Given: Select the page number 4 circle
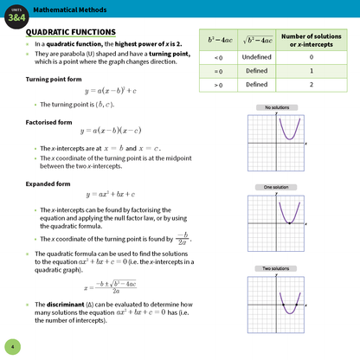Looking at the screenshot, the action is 13,346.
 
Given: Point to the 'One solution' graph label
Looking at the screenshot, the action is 276,187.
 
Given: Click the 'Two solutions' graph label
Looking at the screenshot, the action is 276,268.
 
